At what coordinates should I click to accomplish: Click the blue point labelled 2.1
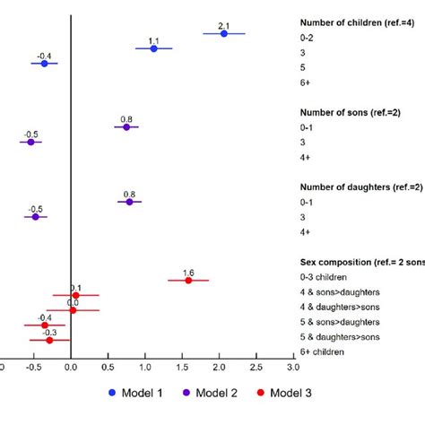tap(224, 34)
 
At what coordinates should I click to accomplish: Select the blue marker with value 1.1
tap(153, 48)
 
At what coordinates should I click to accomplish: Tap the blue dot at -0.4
tap(44, 64)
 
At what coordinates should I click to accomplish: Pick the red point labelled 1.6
tap(188, 281)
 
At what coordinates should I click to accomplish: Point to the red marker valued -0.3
tap(49, 340)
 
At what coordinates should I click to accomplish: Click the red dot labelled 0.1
tap(75, 295)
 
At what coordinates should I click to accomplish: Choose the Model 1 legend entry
tap(134, 392)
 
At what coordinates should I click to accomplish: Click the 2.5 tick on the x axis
tap(256, 366)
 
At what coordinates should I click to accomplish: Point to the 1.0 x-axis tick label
tap(145, 366)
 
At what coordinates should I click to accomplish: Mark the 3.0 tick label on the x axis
tap(293, 366)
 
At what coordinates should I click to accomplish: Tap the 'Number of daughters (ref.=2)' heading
tap(360, 186)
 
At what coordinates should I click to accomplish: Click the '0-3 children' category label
tap(327, 278)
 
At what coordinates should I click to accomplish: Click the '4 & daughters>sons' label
tap(342, 308)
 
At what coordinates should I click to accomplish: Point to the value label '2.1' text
tap(224, 24)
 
